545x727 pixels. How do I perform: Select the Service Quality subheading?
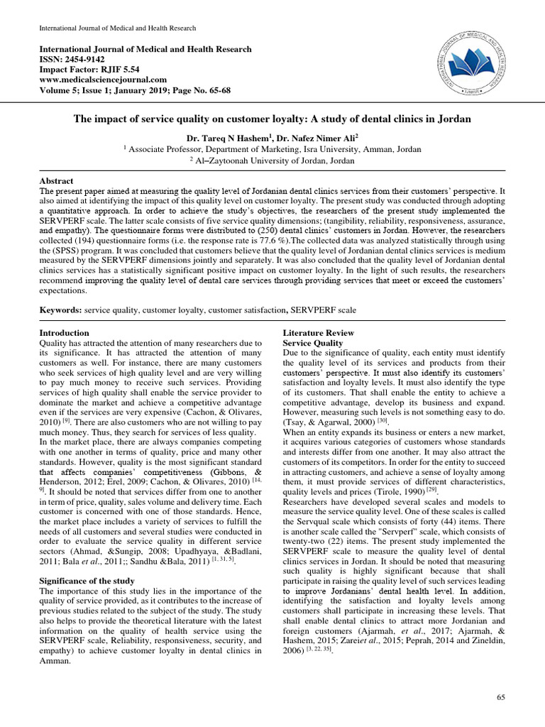click(x=313, y=343)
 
